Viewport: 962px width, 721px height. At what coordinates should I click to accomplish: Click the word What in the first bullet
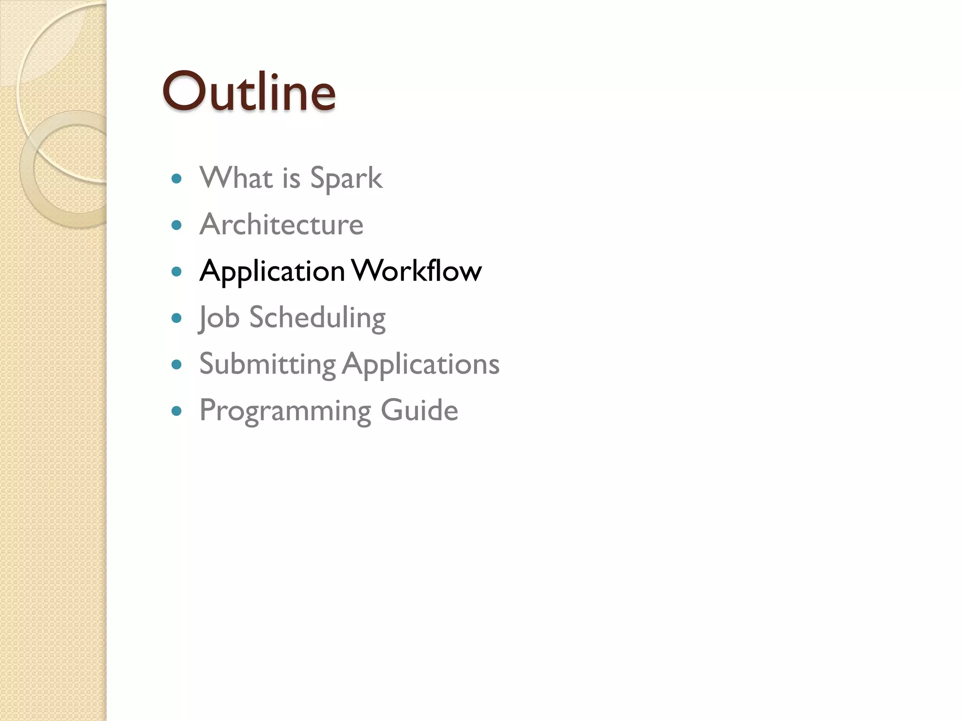click(x=236, y=178)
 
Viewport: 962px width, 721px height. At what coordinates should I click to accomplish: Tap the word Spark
click(x=346, y=179)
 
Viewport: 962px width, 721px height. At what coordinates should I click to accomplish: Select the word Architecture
click(x=281, y=224)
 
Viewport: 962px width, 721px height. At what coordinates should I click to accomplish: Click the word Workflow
click(x=416, y=271)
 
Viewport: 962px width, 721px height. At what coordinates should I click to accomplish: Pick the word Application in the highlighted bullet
click(x=272, y=272)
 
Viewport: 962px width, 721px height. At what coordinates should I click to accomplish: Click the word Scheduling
click(x=317, y=318)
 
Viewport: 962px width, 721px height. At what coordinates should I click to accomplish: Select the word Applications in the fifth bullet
click(x=420, y=364)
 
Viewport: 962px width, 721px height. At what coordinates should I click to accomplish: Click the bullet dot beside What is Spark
click(x=177, y=179)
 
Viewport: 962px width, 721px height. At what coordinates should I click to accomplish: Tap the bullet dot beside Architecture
click(x=177, y=225)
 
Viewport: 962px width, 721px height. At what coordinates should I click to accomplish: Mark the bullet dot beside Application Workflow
click(x=177, y=271)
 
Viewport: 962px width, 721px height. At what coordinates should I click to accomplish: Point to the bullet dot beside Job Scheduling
click(x=177, y=318)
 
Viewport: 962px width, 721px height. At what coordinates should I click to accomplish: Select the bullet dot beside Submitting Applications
click(x=177, y=364)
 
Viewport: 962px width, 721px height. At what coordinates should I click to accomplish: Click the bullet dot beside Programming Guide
click(x=177, y=411)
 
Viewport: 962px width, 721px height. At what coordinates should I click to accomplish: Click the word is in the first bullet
click(x=291, y=178)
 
